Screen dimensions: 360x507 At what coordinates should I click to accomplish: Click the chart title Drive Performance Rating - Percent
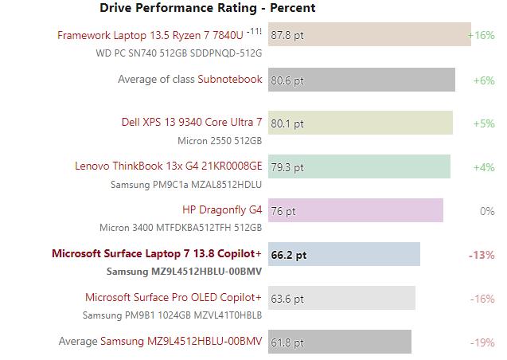207,8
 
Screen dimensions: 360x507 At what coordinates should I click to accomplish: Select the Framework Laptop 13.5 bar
369,35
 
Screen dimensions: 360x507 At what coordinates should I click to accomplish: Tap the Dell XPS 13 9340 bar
360,123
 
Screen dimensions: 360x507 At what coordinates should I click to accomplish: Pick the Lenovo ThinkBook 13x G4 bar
359,167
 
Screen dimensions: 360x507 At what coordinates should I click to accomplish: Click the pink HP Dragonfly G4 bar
356,211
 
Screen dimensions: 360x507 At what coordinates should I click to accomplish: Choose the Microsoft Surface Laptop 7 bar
344,255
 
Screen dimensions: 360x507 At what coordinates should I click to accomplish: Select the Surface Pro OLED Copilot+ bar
341,299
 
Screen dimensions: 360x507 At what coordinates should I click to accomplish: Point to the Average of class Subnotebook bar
361,80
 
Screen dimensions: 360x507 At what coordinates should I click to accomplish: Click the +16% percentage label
482,35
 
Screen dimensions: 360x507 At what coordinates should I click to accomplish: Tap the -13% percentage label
482,255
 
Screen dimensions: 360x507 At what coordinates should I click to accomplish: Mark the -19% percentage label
482,342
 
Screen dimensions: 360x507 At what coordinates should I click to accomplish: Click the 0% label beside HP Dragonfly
487,211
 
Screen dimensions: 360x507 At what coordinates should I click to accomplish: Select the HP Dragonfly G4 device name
222,210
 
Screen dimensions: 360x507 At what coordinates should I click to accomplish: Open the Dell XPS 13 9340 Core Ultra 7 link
191,122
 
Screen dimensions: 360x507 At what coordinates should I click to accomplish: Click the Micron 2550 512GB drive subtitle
220,140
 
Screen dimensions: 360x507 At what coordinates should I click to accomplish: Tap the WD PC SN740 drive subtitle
178,53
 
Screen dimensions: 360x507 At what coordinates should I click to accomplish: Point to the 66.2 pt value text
289,255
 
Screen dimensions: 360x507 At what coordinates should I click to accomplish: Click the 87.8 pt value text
287,35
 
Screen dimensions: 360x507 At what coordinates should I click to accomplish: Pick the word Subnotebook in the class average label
230,79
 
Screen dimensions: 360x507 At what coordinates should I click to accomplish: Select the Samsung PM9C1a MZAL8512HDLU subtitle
185,184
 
